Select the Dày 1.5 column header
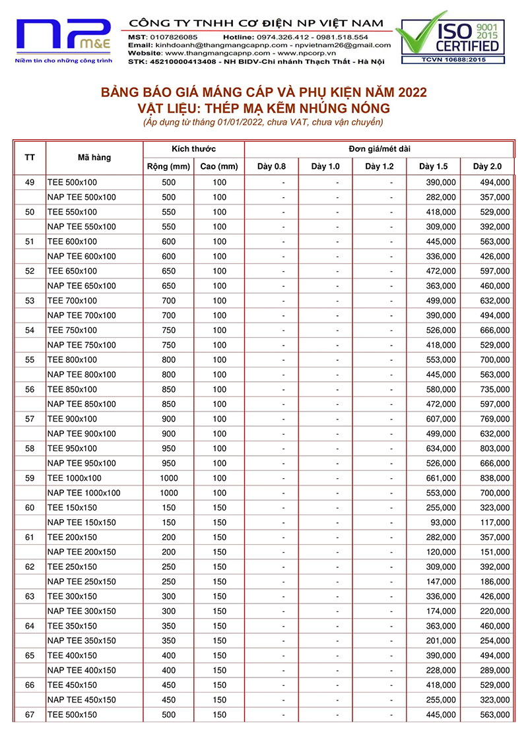coord(433,166)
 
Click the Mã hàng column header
coord(94,158)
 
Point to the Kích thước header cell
coord(193,149)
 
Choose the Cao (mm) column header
coord(219,166)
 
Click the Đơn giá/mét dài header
coord(379,149)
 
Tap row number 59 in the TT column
coord(30,478)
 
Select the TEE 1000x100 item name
coord(74,478)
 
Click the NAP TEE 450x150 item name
coord(82,700)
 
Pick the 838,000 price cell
coord(495,478)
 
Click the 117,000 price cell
coord(495,522)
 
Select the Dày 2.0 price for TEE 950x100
coord(495,449)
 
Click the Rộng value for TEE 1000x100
coord(169,478)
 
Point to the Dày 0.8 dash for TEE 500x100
coord(283,182)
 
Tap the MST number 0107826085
coord(173,37)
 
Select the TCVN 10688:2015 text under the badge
coord(450,60)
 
